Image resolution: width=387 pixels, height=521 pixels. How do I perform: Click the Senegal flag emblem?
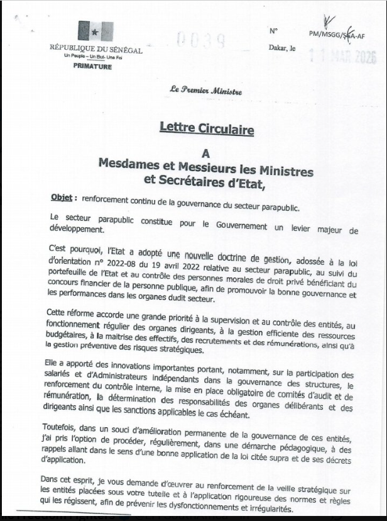click(x=95, y=32)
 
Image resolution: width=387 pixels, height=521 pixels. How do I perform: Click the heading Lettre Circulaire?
click(x=206, y=130)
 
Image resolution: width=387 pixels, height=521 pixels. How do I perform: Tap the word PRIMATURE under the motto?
click(x=96, y=66)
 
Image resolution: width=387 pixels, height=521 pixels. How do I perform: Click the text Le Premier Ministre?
click(x=205, y=91)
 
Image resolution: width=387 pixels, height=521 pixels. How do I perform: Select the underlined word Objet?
click(x=64, y=197)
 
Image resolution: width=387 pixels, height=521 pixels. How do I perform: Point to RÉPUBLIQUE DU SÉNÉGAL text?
click(x=96, y=49)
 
